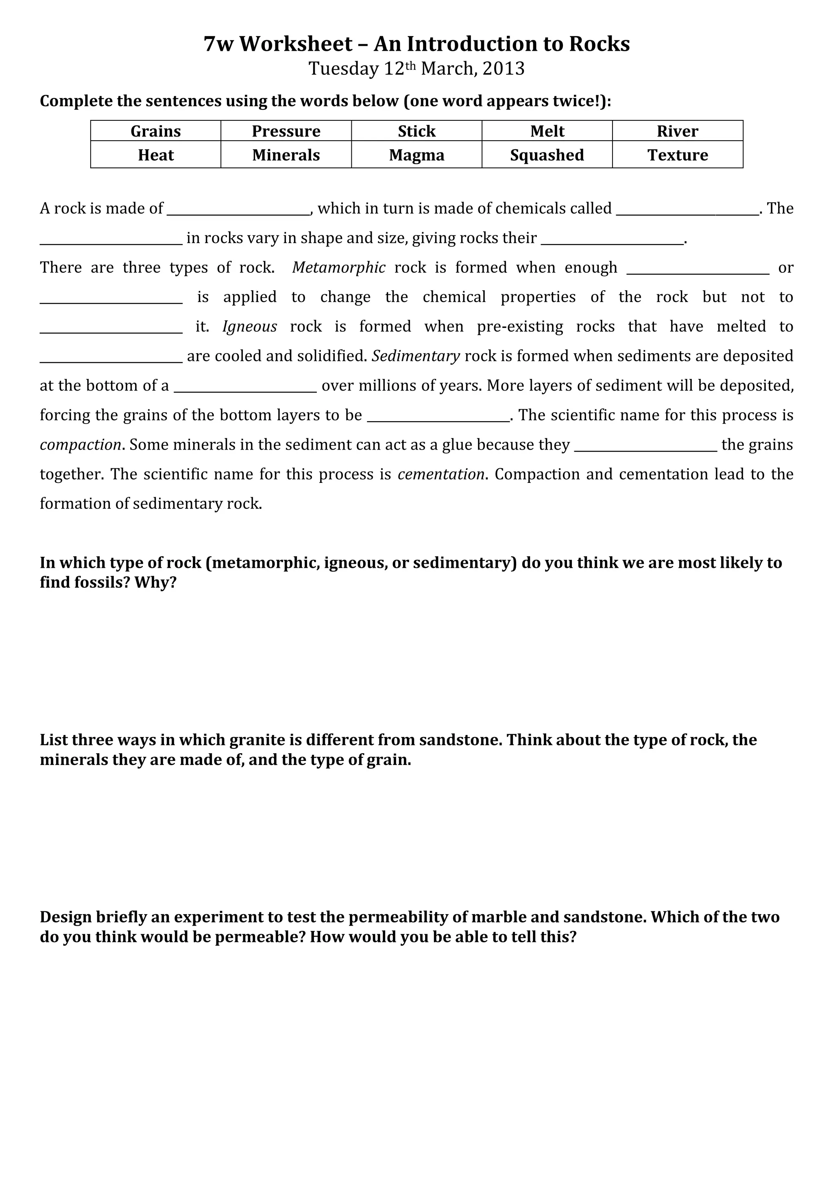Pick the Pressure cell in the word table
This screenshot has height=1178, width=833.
pos(286,131)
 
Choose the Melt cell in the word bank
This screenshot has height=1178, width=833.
pos(547,131)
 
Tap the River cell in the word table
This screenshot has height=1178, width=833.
pos(678,131)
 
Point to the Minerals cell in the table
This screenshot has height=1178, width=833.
pos(286,155)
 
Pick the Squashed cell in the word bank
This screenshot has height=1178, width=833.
pos(547,155)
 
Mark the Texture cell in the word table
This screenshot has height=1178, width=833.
pos(678,155)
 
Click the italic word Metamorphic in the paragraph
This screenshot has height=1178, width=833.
pos(339,268)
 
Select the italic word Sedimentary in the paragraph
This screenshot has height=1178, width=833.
pos(416,356)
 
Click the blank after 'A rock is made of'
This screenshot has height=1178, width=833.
pos(239,209)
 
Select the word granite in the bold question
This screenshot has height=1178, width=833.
pos(257,740)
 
